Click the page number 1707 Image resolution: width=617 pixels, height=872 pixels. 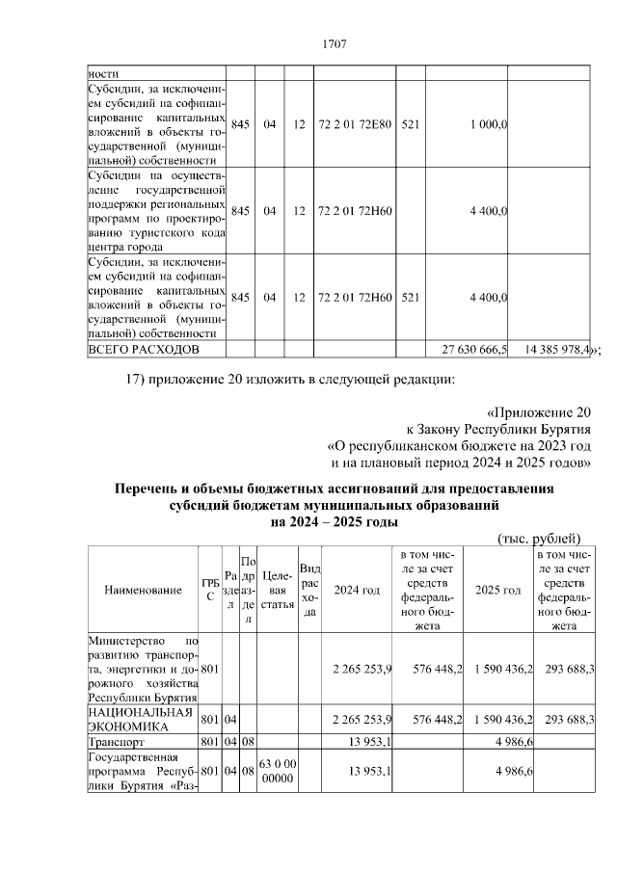[x=333, y=44]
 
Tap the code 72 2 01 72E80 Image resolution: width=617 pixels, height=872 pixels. [x=355, y=124]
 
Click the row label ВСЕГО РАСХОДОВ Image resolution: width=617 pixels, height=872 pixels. [x=144, y=348]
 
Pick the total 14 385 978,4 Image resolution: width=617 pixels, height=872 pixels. [x=556, y=348]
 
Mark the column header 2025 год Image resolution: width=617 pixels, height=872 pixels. [x=498, y=590]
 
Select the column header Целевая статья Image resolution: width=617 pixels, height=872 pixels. [x=276, y=590]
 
